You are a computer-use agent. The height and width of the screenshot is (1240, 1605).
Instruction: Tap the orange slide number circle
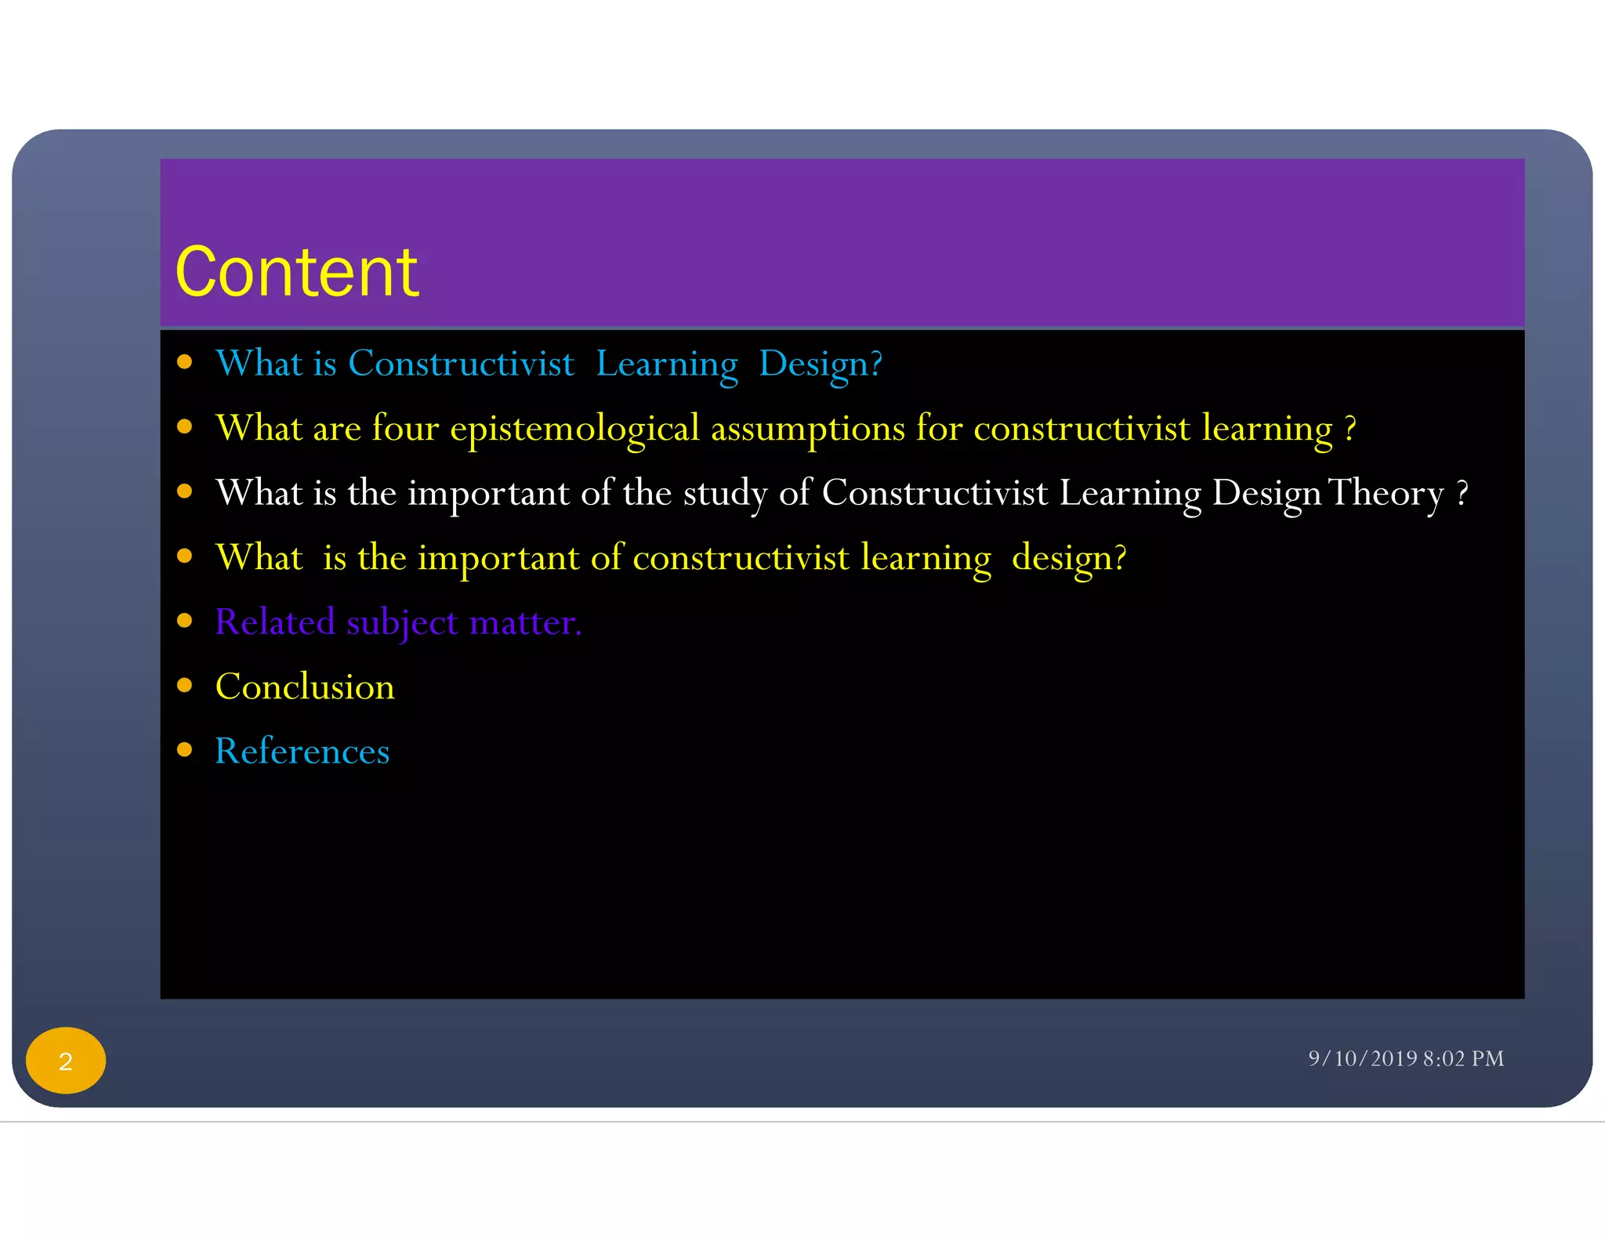click(x=66, y=1061)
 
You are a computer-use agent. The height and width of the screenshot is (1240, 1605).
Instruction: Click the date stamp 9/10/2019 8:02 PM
click(x=1405, y=1058)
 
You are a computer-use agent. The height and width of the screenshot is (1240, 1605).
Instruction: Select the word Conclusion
click(x=305, y=687)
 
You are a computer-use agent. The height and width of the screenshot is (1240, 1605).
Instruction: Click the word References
click(x=302, y=751)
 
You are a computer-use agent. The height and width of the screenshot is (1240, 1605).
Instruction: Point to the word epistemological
click(x=574, y=429)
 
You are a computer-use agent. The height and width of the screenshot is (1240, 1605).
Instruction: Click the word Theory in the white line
click(x=1386, y=493)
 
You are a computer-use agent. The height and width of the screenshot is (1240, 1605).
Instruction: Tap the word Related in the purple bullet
click(x=274, y=622)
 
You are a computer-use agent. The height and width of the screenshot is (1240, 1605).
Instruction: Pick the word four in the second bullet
click(x=405, y=428)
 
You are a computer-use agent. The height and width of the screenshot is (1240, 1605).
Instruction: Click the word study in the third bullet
click(x=725, y=493)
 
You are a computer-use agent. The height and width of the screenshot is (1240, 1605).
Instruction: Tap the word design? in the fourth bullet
click(x=1068, y=558)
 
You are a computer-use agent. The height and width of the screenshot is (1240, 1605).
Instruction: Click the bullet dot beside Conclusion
click(x=185, y=686)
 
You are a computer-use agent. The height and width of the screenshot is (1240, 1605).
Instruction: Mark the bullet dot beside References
click(x=185, y=750)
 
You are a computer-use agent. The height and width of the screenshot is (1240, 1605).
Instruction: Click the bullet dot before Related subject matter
click(x=185, y=621)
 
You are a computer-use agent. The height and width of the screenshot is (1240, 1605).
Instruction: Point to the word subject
click(x=402, y=623)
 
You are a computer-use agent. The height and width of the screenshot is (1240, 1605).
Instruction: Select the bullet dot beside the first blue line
click(x=185, y=361)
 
